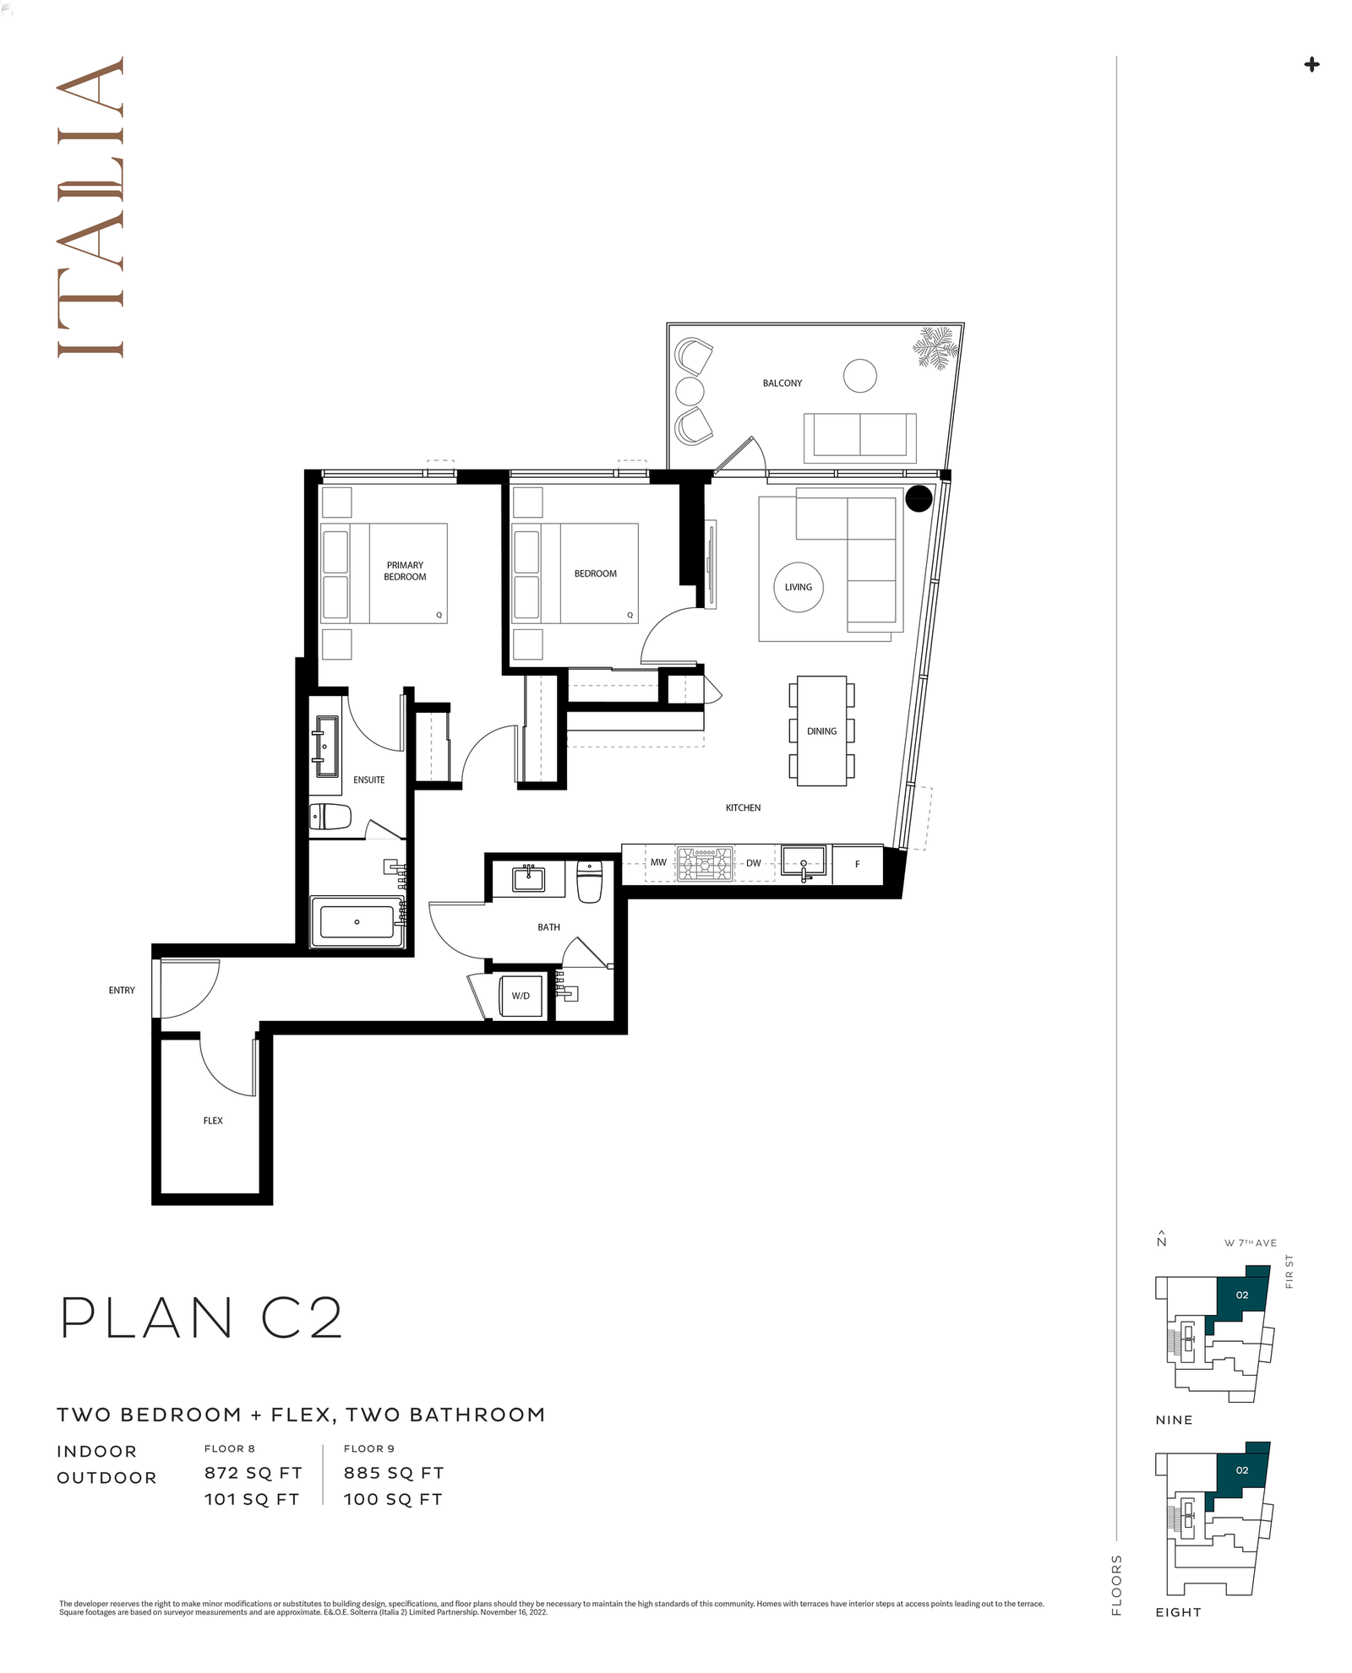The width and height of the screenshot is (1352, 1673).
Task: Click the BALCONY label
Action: tap(782, 383)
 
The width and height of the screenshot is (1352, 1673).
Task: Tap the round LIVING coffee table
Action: tap(798, 587)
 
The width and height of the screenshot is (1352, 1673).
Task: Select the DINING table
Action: tap(821, 731)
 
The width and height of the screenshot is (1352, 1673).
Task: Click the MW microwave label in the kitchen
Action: tap(658, 863)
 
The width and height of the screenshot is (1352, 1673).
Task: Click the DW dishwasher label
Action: tap(753, 863)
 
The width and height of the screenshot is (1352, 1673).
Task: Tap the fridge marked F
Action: tap(858, 864)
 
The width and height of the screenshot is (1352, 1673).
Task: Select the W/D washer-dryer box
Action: tap(521, 996)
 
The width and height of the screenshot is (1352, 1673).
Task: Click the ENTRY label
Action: tap(122, 991)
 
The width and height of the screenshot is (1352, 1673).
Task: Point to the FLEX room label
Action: tap(213, 1121)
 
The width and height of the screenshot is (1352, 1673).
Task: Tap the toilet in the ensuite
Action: tap(330, 817)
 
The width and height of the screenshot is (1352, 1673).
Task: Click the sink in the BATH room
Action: tap(529, 879)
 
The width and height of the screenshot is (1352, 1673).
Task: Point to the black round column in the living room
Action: tap(919, 499)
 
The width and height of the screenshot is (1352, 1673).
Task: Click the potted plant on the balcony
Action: tap(936, 348)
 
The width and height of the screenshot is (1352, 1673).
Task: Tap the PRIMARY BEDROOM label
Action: tap(405, 571)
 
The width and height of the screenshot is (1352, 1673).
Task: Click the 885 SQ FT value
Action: tap(394, 1473)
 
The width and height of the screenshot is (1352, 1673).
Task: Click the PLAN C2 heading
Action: tap(202, 1317)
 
